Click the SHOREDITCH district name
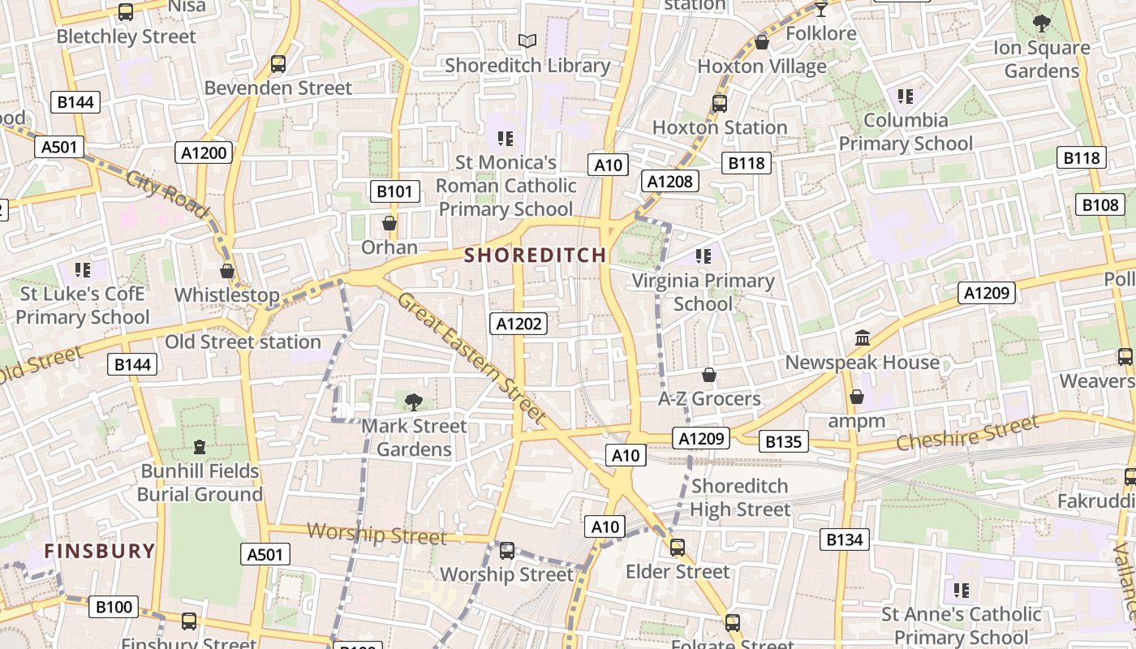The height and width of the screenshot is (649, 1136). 535,255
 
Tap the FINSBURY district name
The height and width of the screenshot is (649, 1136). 99,551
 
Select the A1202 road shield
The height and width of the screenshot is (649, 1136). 519,324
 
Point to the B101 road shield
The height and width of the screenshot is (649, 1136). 395,191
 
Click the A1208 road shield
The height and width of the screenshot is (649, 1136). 669,181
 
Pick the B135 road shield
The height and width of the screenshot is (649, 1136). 784,441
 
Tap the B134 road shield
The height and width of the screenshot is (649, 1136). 844,539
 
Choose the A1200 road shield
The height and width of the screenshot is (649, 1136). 204,152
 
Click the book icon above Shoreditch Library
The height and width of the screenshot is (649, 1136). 527,40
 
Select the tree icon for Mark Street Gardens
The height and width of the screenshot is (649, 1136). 414,401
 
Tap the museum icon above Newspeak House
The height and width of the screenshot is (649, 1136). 863,337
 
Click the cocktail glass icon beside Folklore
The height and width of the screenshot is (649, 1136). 821,10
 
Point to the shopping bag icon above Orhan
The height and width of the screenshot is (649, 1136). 389,222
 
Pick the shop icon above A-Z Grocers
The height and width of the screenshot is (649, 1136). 709,375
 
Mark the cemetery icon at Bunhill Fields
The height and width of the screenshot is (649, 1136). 200,446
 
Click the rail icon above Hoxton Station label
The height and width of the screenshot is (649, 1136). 719,103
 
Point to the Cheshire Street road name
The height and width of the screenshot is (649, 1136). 967,433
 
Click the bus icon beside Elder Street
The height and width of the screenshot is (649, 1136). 678,548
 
